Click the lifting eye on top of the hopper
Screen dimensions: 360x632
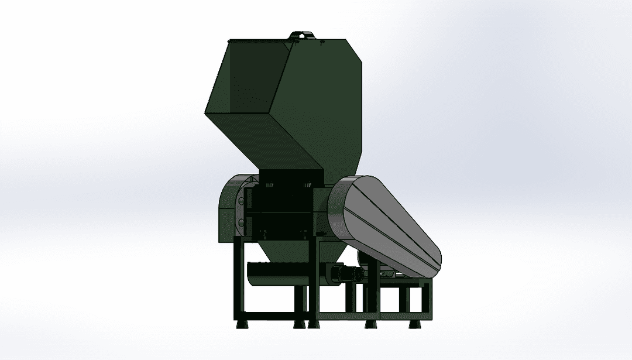click(301, 35)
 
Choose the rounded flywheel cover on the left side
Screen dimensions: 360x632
click(228, 208)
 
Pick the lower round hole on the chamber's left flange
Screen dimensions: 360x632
click(241, 222)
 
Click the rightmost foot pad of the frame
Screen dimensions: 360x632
click(418, 323)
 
